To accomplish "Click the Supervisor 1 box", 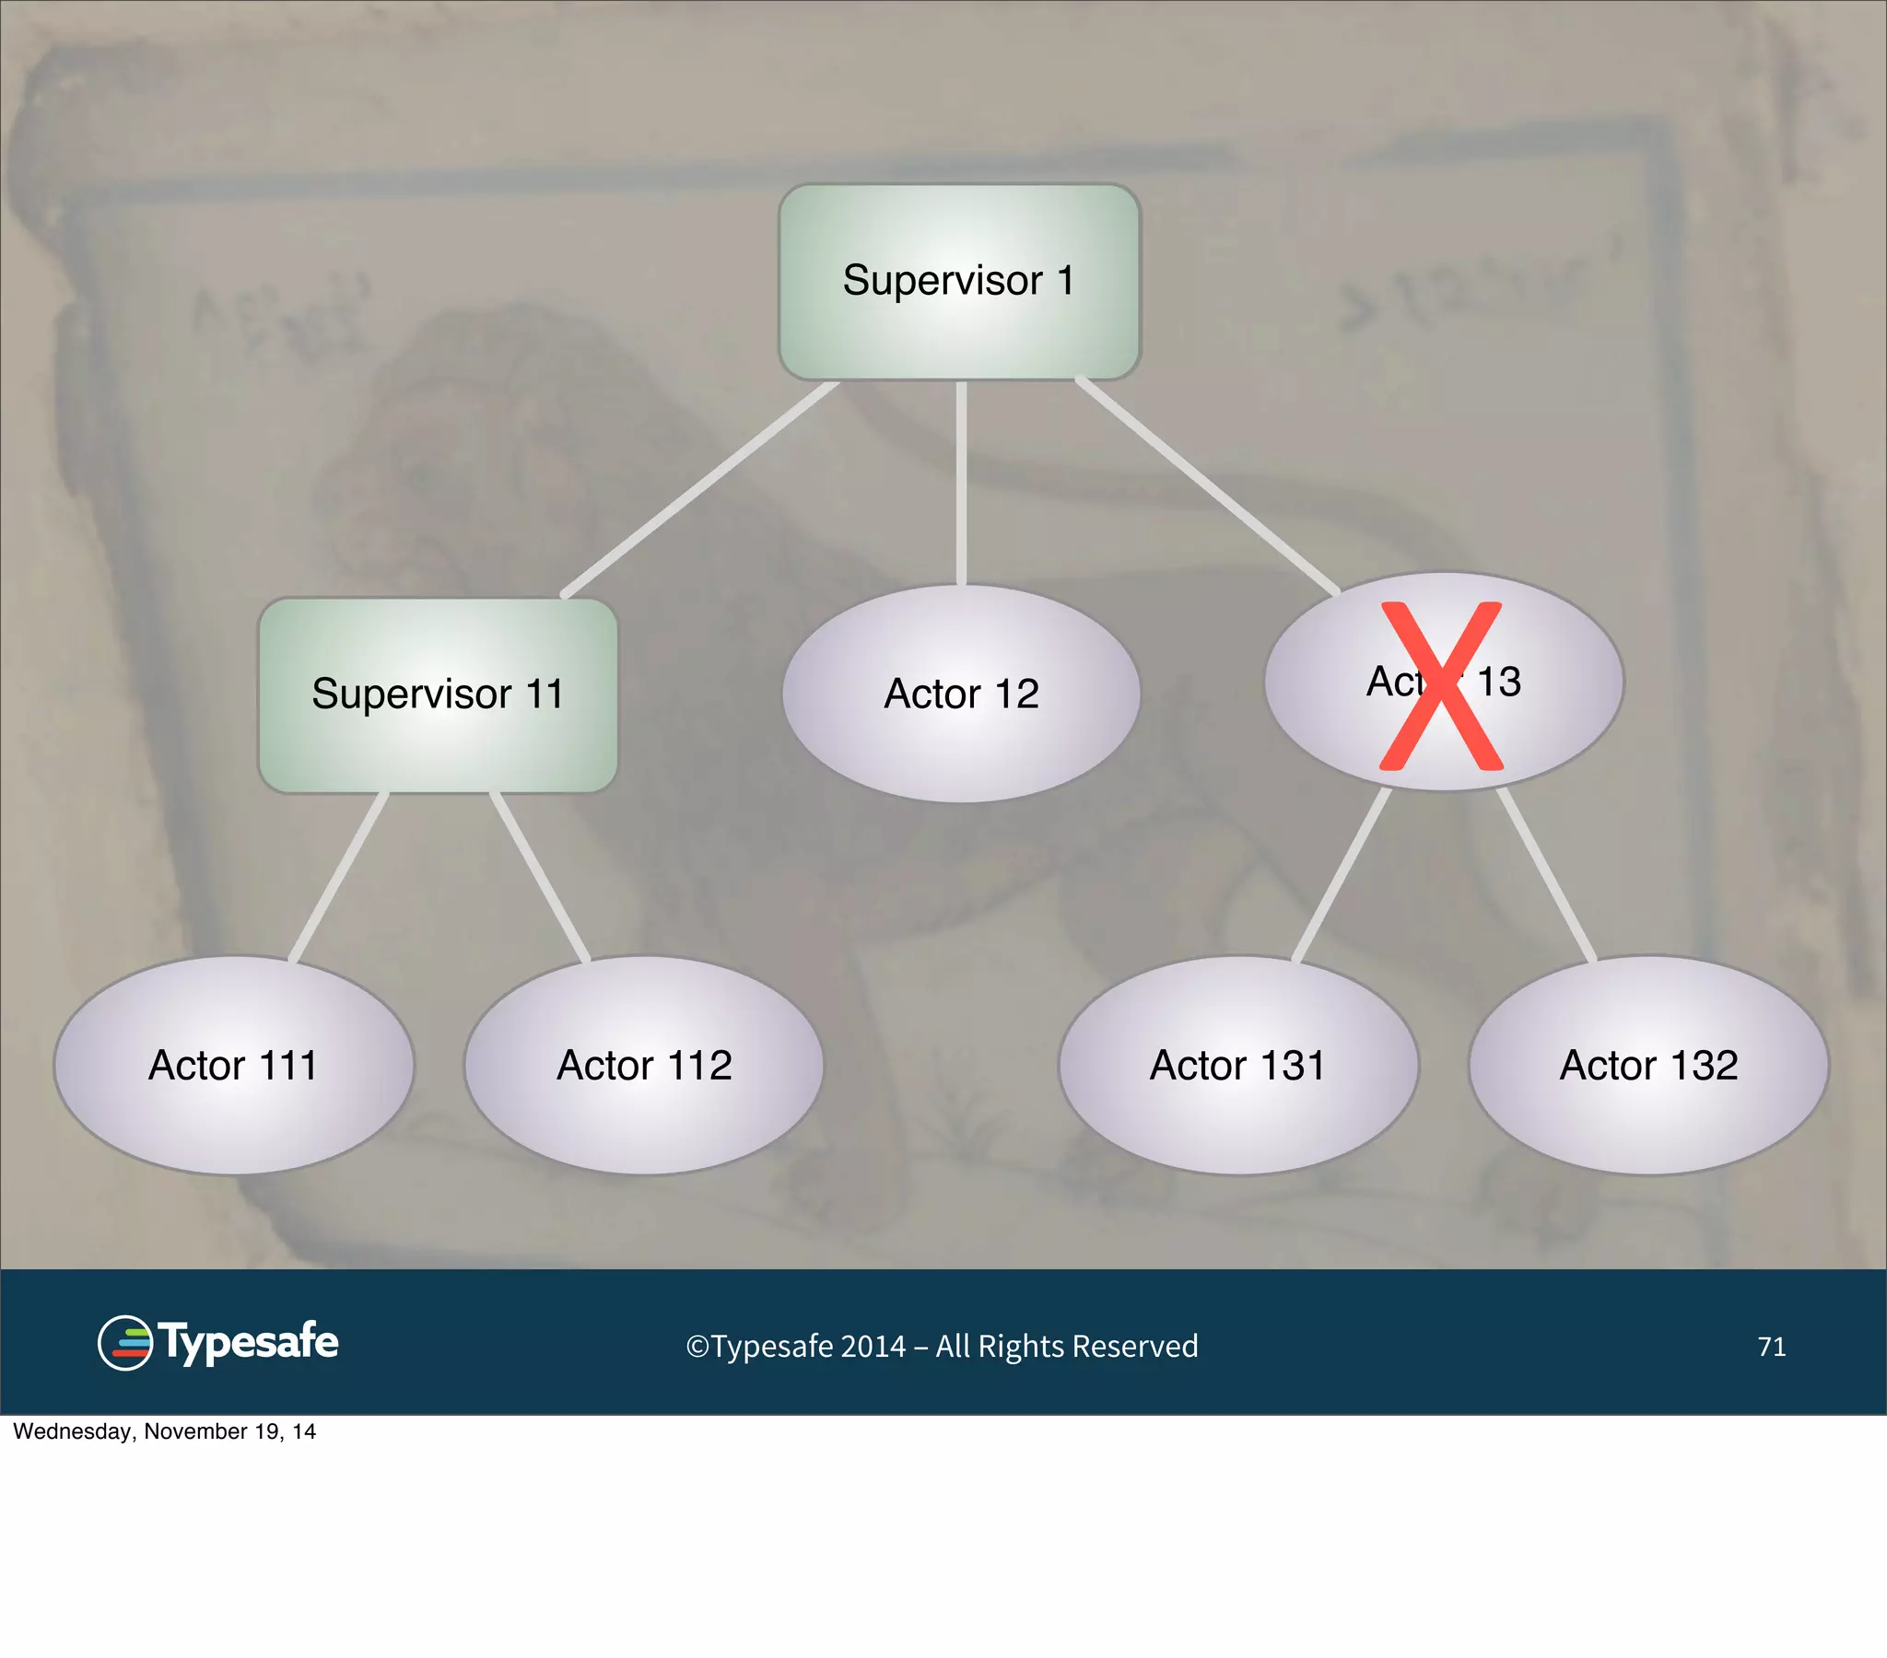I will coord(959,282).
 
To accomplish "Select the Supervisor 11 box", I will coord(438,695).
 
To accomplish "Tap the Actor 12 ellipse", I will coord(961,695).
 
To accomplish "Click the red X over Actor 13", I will coord(1440,686).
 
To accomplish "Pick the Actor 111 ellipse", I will coord(233,1066).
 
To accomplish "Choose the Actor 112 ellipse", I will coord(643,1066).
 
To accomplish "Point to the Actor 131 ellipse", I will coord(1238,1066).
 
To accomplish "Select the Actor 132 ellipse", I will coord(1648,1066).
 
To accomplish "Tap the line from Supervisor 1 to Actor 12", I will coord(961,482).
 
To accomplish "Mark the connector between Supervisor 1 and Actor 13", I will coord(1207,485).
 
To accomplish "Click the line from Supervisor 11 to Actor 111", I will coord(339,876).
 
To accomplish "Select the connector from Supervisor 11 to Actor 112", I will coord(540,876).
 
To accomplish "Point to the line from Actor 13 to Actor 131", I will coord(1342,874).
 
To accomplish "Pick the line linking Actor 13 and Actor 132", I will coord(1546,874).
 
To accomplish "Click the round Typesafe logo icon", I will coord(124,1343).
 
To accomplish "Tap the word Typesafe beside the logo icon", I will coord(250,1342).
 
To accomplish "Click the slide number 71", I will coord(1772,1347).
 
